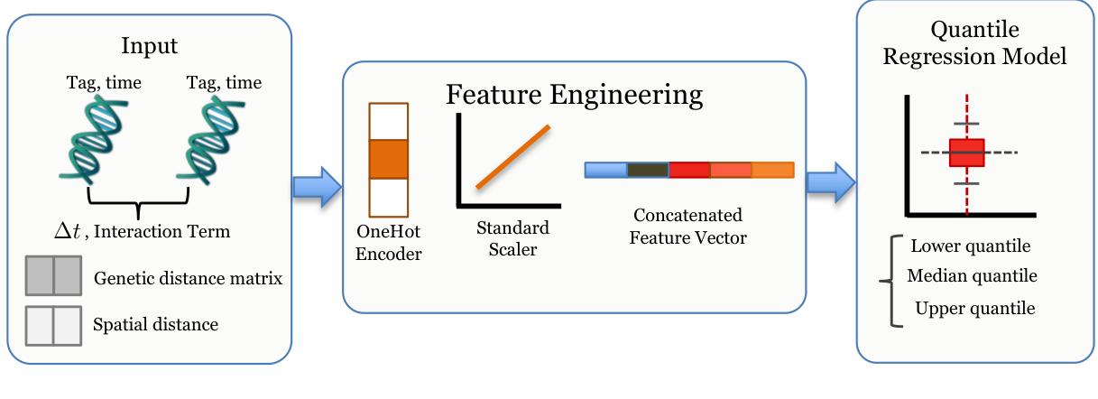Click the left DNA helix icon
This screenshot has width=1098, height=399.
coord(94,140)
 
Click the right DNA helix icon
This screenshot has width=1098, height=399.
coord(211,140)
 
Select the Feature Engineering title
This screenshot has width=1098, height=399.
coord(574,95)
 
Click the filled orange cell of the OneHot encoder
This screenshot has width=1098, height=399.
coord(388,159)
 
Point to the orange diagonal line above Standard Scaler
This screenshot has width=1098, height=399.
coord(513,157)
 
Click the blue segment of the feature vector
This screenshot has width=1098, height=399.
coord(606,170)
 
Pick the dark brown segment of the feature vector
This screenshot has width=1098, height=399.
coord(648,170)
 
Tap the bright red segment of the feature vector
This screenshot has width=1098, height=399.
coord(689,170)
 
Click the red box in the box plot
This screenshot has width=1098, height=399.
coord(966,153)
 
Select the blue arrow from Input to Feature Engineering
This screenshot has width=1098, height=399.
coord(318,187)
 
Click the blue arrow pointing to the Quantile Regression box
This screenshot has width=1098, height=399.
coord(831,183)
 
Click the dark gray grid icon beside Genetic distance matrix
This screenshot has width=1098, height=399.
coord(53,275)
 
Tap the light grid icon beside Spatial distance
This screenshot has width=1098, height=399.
coord(53,326)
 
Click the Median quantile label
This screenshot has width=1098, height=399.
coord(972,276)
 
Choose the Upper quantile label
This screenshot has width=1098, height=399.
coord(975,309)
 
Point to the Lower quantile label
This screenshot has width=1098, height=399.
coord(971,246)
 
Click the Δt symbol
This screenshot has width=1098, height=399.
coord(67,231)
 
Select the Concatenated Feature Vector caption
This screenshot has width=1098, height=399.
coord(688,227)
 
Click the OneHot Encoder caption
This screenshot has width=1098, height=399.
coord(388,243)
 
